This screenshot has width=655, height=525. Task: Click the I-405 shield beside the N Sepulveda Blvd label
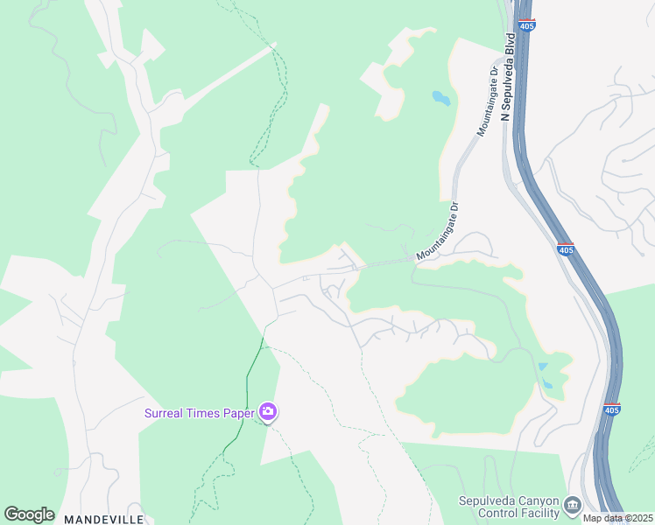(526, 25)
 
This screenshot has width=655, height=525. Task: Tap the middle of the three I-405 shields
(566, 249)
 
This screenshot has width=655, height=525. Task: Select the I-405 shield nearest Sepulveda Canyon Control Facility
(612, 409)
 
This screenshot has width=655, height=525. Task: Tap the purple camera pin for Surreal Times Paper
(268, 411)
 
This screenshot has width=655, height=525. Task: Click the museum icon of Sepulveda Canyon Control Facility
(573, 505)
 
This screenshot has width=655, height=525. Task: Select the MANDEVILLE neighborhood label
(102, 519)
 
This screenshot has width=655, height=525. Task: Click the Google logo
(29, 514)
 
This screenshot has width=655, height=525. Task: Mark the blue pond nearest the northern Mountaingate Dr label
(441, 98)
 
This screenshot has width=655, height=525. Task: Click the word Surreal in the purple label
(166, 412)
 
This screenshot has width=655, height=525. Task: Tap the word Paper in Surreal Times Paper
(237, 412)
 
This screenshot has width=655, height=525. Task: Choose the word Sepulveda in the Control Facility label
(489, 500)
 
